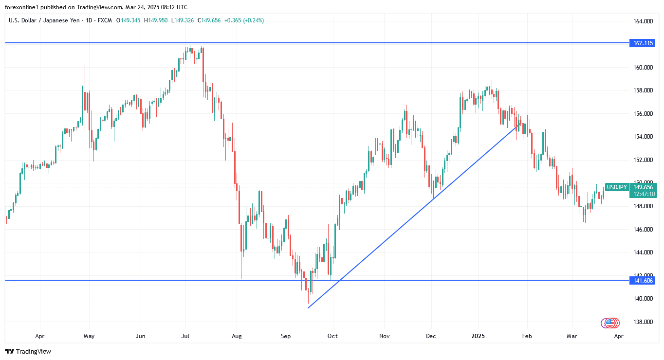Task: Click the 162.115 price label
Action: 643,43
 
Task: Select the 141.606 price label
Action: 643,280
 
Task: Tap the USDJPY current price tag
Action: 616,187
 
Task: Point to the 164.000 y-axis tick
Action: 643,21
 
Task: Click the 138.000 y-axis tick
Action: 643,322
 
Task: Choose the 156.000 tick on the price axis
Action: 643,113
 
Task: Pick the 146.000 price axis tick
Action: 643,229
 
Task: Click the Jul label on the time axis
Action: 185,336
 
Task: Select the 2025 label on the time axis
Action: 478,336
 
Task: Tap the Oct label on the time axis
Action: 332,336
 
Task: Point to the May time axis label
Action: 89,336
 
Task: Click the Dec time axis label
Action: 431,336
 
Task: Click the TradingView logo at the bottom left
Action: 28,351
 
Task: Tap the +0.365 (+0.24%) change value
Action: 244,20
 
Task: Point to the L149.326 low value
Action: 183,20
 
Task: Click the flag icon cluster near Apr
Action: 610,323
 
